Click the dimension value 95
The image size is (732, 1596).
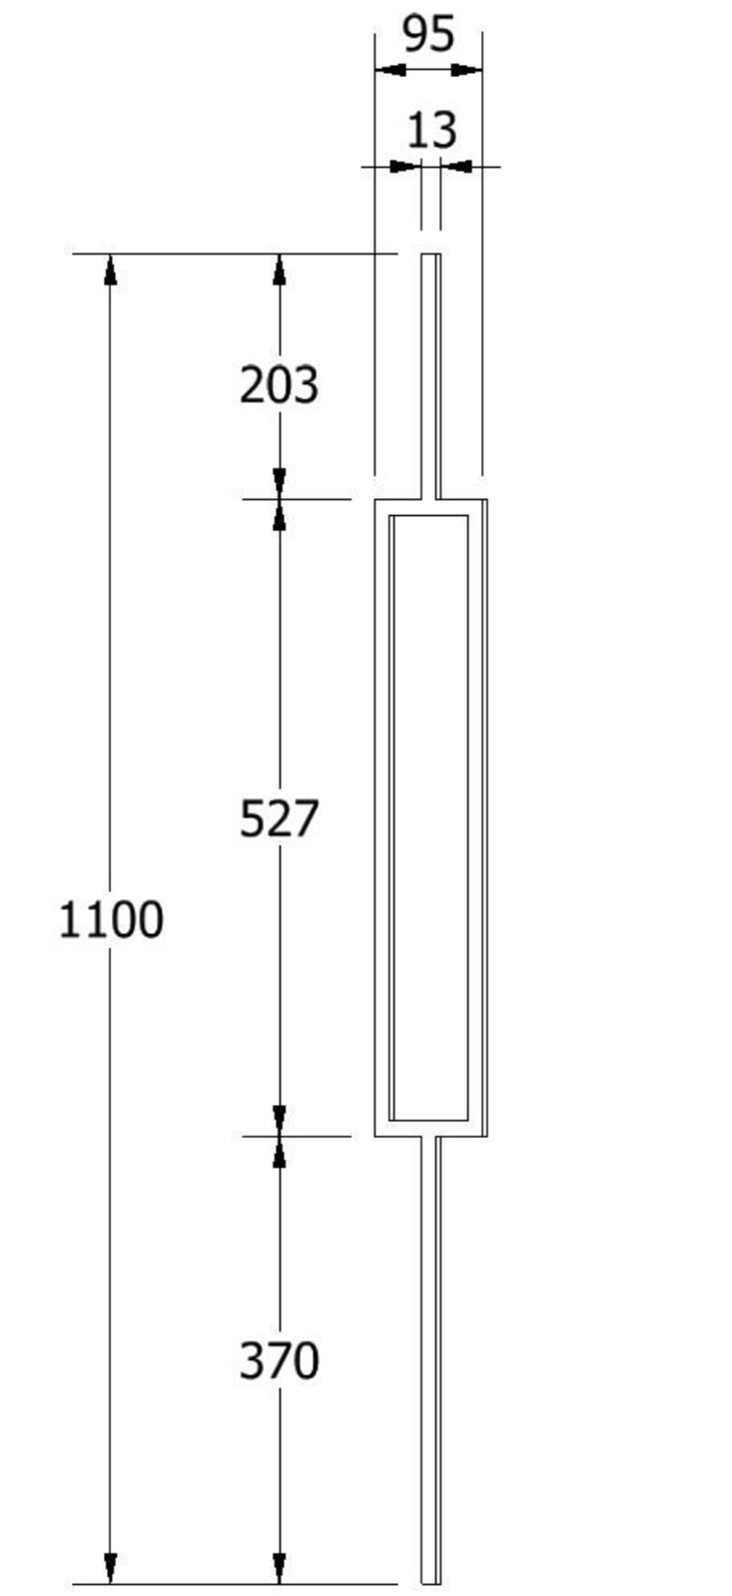(x=428, y=35)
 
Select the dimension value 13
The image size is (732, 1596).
(x=431, y=131)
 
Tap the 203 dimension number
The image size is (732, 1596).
(x=279, y=385)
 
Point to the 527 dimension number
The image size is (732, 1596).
(x=279, y=818)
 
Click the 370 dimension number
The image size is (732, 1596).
(x=279, y=1360)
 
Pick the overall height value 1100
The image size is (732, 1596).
(x=111, y=919)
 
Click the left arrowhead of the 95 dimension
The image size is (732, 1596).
(x=390, y=70)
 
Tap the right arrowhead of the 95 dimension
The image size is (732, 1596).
(x=466, y=70)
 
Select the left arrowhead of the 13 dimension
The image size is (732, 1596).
(x=406, y=167)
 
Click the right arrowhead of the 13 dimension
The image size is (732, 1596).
(x=454, y=167)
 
